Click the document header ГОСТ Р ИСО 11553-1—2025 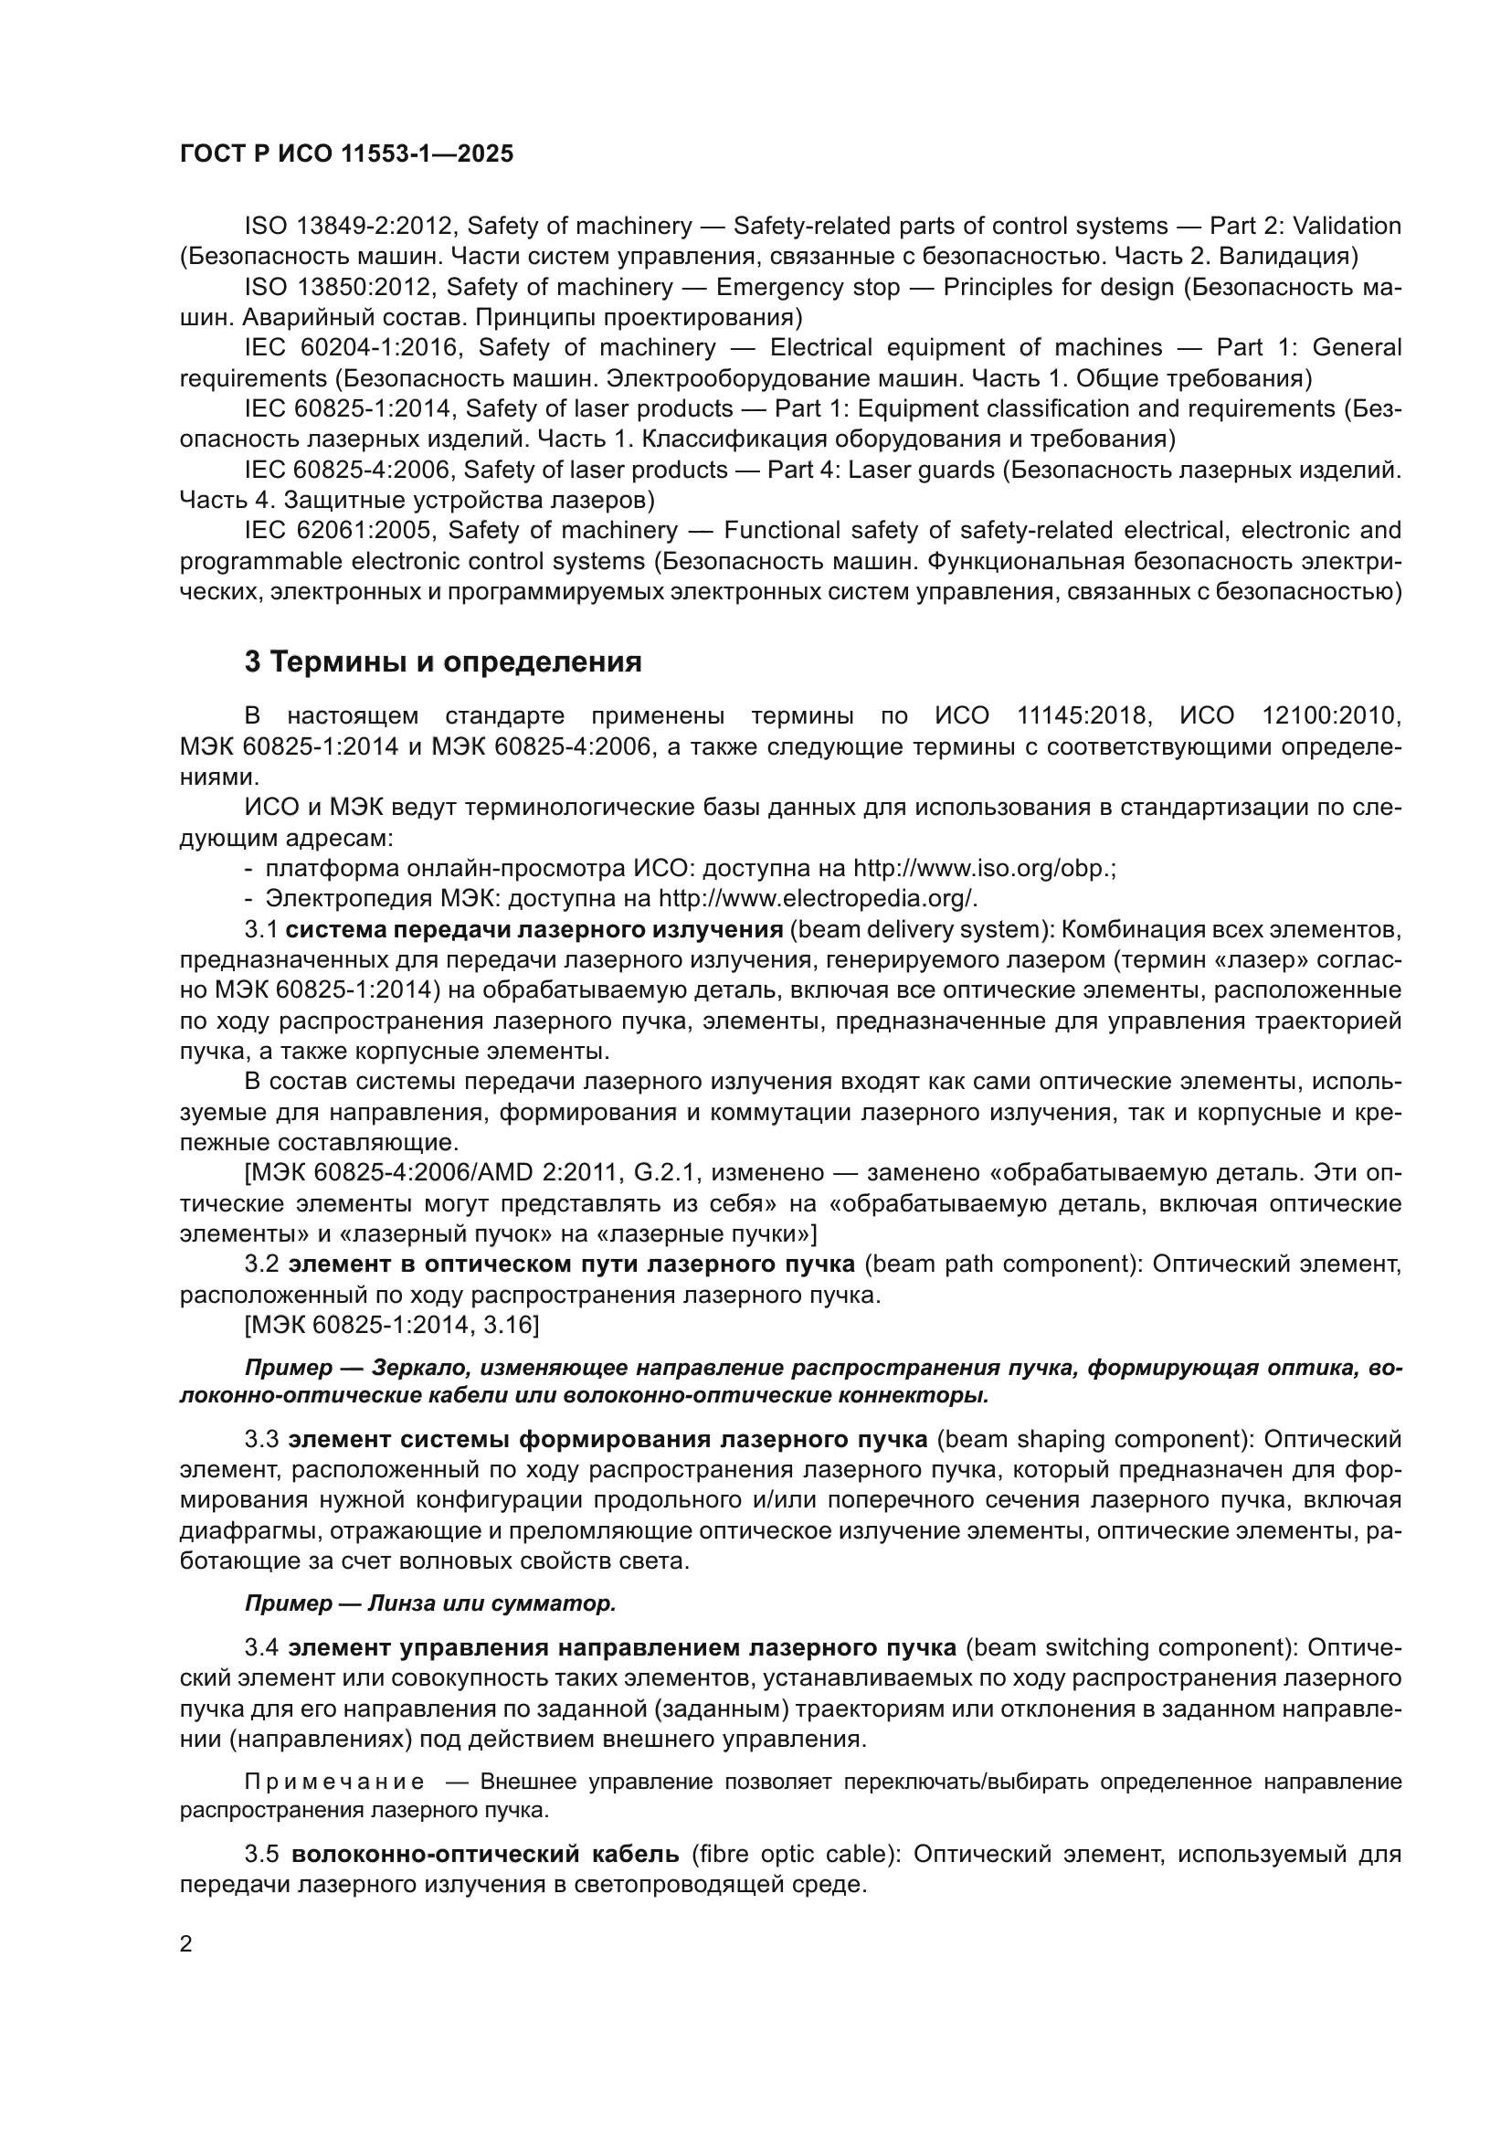pos(346,154)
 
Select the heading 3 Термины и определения pos(443,662)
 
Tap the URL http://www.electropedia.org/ pos(818,899)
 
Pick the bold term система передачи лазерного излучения pos(534,930)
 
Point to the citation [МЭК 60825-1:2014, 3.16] pos(392,1326)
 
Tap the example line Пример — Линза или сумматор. pos(430,1603)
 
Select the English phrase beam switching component pos(1129,1647)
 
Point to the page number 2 pos(186,1945)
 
